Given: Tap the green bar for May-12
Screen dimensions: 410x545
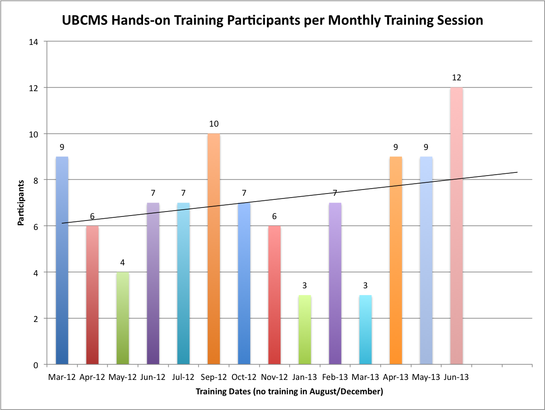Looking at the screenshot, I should (x=122, y=318).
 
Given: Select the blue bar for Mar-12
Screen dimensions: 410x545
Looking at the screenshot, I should (x=62, y=260).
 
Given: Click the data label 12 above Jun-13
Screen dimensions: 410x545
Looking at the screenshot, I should (x=457, y=78).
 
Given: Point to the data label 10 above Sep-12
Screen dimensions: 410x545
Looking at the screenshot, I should (x=214, y=124).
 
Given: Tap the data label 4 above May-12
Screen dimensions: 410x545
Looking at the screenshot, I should (x=122, y=263).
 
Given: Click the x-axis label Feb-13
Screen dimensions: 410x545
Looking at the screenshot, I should (x=335, y=377).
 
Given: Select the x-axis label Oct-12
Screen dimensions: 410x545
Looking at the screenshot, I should (x=244, y=377).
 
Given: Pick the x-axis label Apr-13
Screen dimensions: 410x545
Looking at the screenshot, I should (x=396, y=377).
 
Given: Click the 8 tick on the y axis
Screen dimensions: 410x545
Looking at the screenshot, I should (x=36, y=180).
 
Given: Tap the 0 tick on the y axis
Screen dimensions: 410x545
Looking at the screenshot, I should (x=36, y=365).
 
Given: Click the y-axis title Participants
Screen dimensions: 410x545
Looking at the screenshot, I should (x=21, y=203).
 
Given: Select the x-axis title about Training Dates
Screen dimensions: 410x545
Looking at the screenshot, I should (x=289, y=392).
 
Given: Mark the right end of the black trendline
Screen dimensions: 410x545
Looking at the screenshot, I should (x=517, y=172).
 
